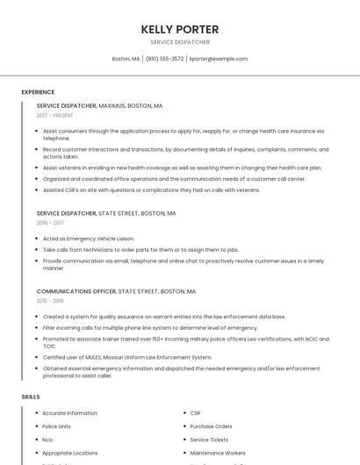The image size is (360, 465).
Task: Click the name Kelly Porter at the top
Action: tap(180, 29)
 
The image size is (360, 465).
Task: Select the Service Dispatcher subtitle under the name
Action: tap(180, 42)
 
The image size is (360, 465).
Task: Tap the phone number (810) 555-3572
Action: tap(164, 59)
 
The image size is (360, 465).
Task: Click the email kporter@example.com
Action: tap(219, 59)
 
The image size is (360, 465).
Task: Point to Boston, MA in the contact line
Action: tap(126, 59)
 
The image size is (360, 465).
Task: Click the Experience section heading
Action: tap(38, 92)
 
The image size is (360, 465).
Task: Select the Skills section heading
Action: tap(31, 397)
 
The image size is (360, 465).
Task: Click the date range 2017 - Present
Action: tap(56, 115)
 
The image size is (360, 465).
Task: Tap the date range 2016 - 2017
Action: tap(50, 223)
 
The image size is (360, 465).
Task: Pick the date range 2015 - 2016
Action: tap(50, 301)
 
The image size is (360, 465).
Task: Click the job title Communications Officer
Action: tap(76, 291)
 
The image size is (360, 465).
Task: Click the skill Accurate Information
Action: tap(69, 413)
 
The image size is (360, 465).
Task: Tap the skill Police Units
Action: tap(57, 426)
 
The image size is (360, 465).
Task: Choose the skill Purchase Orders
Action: tap(211, 426)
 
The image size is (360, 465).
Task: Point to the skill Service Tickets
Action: tap(209, 440)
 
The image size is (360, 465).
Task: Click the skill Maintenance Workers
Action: tap(217, 453)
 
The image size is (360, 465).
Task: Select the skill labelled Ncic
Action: tap(48, 440)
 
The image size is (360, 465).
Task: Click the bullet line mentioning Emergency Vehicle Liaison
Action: tap(89, 239)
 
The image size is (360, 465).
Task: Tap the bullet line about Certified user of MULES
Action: tap(127, 357)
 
